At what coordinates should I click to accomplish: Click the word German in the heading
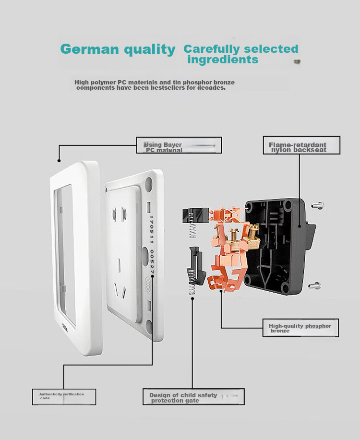point(90,49)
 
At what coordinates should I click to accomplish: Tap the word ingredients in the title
point(223,59)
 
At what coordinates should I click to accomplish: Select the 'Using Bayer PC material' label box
point(179,145)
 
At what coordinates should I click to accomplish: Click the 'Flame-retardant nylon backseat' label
point(301,145)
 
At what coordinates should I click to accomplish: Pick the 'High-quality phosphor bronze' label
point(300,328)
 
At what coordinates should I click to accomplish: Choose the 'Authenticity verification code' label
point(64,397)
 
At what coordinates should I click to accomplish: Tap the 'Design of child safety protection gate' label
point(193,397)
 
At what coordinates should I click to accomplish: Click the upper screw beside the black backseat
point(318,205)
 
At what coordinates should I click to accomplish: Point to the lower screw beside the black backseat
point(314,285)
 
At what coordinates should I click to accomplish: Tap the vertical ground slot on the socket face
point(119,265)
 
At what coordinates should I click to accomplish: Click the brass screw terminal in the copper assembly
point(234,238)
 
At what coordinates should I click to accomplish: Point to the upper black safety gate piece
point(195,215)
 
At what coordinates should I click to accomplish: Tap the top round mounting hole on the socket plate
point(148,184)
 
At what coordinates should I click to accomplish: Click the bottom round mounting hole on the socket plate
point(149,327)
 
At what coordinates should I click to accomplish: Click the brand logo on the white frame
point(65,327)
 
